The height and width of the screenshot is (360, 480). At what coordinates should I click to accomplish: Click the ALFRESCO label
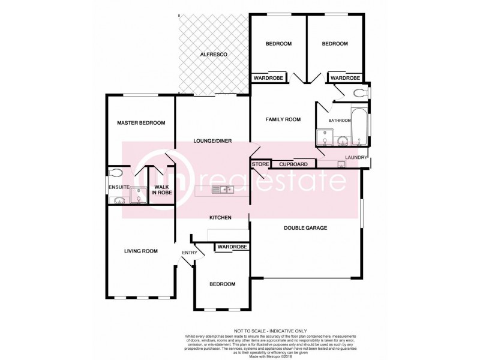[214, 55]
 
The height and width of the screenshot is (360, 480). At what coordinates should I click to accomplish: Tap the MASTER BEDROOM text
[141, 123]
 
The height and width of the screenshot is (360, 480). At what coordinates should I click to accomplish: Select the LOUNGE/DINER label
[212, 141]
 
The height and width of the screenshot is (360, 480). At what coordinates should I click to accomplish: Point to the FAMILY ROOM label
[283, 119]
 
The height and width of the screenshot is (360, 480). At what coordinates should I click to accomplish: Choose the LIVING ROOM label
[141, 251]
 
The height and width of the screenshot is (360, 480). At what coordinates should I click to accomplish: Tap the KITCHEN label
[220, 217]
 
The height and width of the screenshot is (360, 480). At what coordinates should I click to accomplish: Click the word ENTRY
[189, 253]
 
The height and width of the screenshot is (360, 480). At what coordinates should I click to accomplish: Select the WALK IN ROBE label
[161, 190]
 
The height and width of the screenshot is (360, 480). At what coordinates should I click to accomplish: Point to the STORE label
[260, 164]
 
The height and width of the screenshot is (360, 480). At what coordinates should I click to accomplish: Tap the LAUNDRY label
[355, 158]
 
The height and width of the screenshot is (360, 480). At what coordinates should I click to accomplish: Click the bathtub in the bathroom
[358, 127]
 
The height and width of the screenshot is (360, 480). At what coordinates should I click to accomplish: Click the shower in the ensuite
[138, 196]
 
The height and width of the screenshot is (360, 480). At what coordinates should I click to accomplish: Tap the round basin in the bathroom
[343, 142]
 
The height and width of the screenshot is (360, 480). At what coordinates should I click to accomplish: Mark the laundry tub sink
[341, 164]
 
